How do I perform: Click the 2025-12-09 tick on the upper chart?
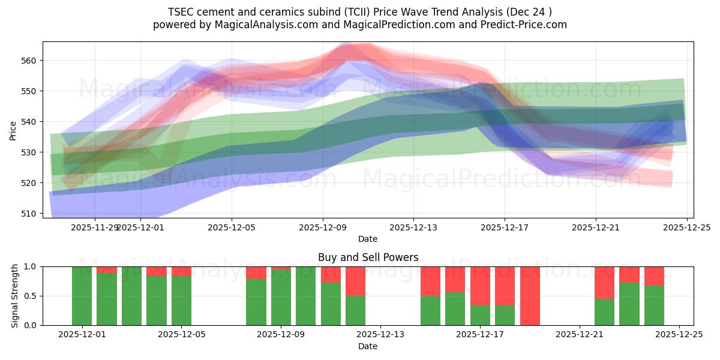click(x=323, y=227)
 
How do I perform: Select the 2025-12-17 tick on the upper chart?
click(x=505, y=227)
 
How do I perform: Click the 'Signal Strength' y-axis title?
click(x=14, y=296)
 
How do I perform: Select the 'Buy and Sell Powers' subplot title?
click(x=368, y=257)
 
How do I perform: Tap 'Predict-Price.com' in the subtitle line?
click(x=523, y=25)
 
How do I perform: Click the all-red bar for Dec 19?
click(x=530, y=296)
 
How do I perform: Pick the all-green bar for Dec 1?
click(x=82, y=296)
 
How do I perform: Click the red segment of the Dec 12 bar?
click(x=355, y=281)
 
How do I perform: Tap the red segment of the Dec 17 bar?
click(x=480, y=286)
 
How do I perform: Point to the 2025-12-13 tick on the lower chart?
click(x=380, y=335)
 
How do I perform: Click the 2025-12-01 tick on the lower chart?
click(x=82, y=335)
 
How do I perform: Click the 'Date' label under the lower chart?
click(x=368, y=346)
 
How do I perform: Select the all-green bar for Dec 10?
click(x=305, y=296)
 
